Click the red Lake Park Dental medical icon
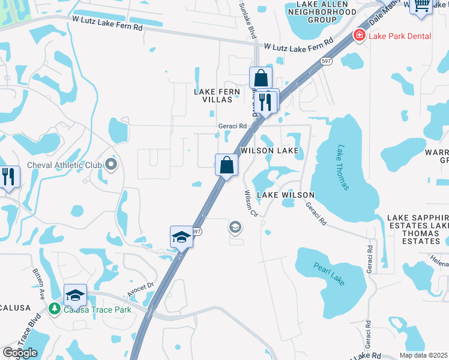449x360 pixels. (x=360, y=36)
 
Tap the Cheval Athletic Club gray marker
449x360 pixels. (x=110, y=164)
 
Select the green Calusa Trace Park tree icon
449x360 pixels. (x=55, y=309)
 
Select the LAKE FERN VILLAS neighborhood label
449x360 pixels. (x=217, y=95)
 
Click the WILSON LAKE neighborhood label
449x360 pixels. (x=270, y=151)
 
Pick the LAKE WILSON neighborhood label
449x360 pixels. (x=286, y=196)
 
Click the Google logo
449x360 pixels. (x=20, y=353)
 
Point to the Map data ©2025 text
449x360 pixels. (x=423, y=355)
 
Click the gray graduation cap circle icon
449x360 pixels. (x=235, y=227)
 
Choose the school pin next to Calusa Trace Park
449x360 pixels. (x=76, y=296)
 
